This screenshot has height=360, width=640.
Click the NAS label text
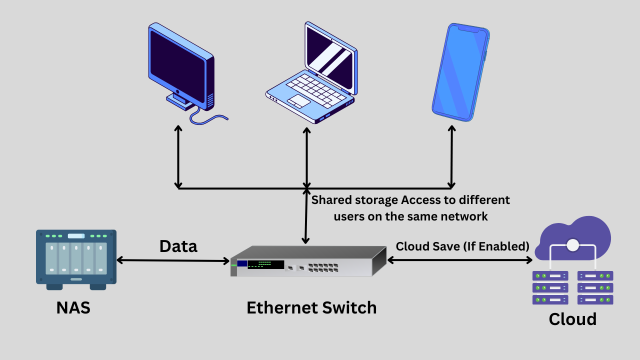coord(73,307)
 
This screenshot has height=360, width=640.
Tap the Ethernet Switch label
coord(311,307)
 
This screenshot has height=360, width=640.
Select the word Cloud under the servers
coord(572,319)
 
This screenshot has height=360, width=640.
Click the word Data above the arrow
coord(178,246)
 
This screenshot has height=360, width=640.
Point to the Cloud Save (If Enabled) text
coord(462,246)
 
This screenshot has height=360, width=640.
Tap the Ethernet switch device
coord(308,261)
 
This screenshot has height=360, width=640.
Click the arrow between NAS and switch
coord(173,260)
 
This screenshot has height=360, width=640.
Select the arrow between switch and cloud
coord(460,260)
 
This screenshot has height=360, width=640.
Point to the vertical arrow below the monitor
coord(178,157)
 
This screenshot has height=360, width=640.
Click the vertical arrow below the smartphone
coord(451,157)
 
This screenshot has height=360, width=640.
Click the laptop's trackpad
coord(298,100)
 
